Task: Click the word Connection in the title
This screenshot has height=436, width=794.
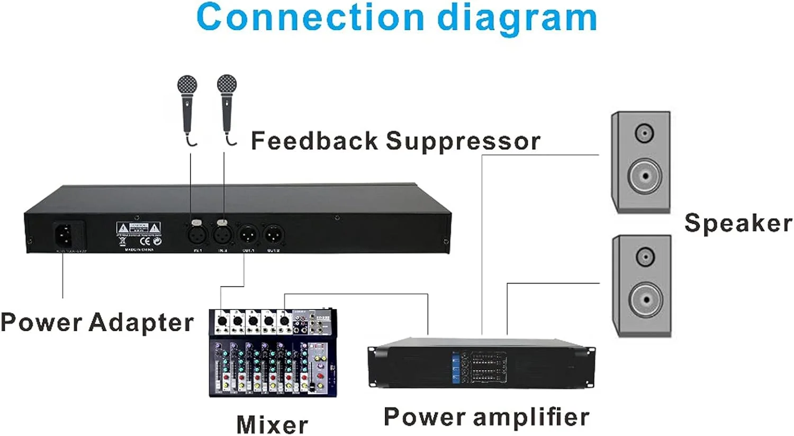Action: point(310,18)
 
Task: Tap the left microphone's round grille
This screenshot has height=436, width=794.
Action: point(187,85)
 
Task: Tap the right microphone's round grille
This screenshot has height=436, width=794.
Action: point(227,84)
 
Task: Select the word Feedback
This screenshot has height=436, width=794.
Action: point(314,141)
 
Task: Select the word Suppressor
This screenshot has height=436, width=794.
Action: point(463,141)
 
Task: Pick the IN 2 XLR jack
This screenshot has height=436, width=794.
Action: point(222,233)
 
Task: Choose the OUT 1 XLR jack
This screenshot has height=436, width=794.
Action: point(248,233)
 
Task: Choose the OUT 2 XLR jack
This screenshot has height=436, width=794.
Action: point(273,233)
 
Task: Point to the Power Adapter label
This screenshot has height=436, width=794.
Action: point(97,322)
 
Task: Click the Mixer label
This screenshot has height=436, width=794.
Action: point(272,424)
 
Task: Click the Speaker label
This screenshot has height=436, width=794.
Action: point(738,223)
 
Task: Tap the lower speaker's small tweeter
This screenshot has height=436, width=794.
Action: point(645,257)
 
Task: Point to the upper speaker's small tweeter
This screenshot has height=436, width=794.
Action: point(644,132)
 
